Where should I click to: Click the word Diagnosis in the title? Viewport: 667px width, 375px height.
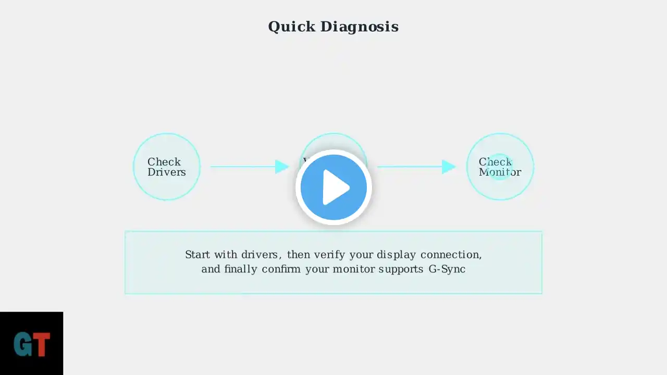359,27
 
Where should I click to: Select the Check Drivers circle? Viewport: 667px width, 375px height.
167,167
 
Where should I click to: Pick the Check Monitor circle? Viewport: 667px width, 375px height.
500,167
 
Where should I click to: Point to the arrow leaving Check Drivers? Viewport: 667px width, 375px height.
245,167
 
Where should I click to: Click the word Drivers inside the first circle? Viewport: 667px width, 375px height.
167,172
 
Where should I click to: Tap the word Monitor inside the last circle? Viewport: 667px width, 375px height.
500,172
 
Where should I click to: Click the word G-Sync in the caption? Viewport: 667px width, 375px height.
447,269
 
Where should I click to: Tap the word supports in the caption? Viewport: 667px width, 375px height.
401,269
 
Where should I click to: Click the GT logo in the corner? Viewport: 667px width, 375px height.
31,344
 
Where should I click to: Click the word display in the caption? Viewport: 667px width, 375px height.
397,255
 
